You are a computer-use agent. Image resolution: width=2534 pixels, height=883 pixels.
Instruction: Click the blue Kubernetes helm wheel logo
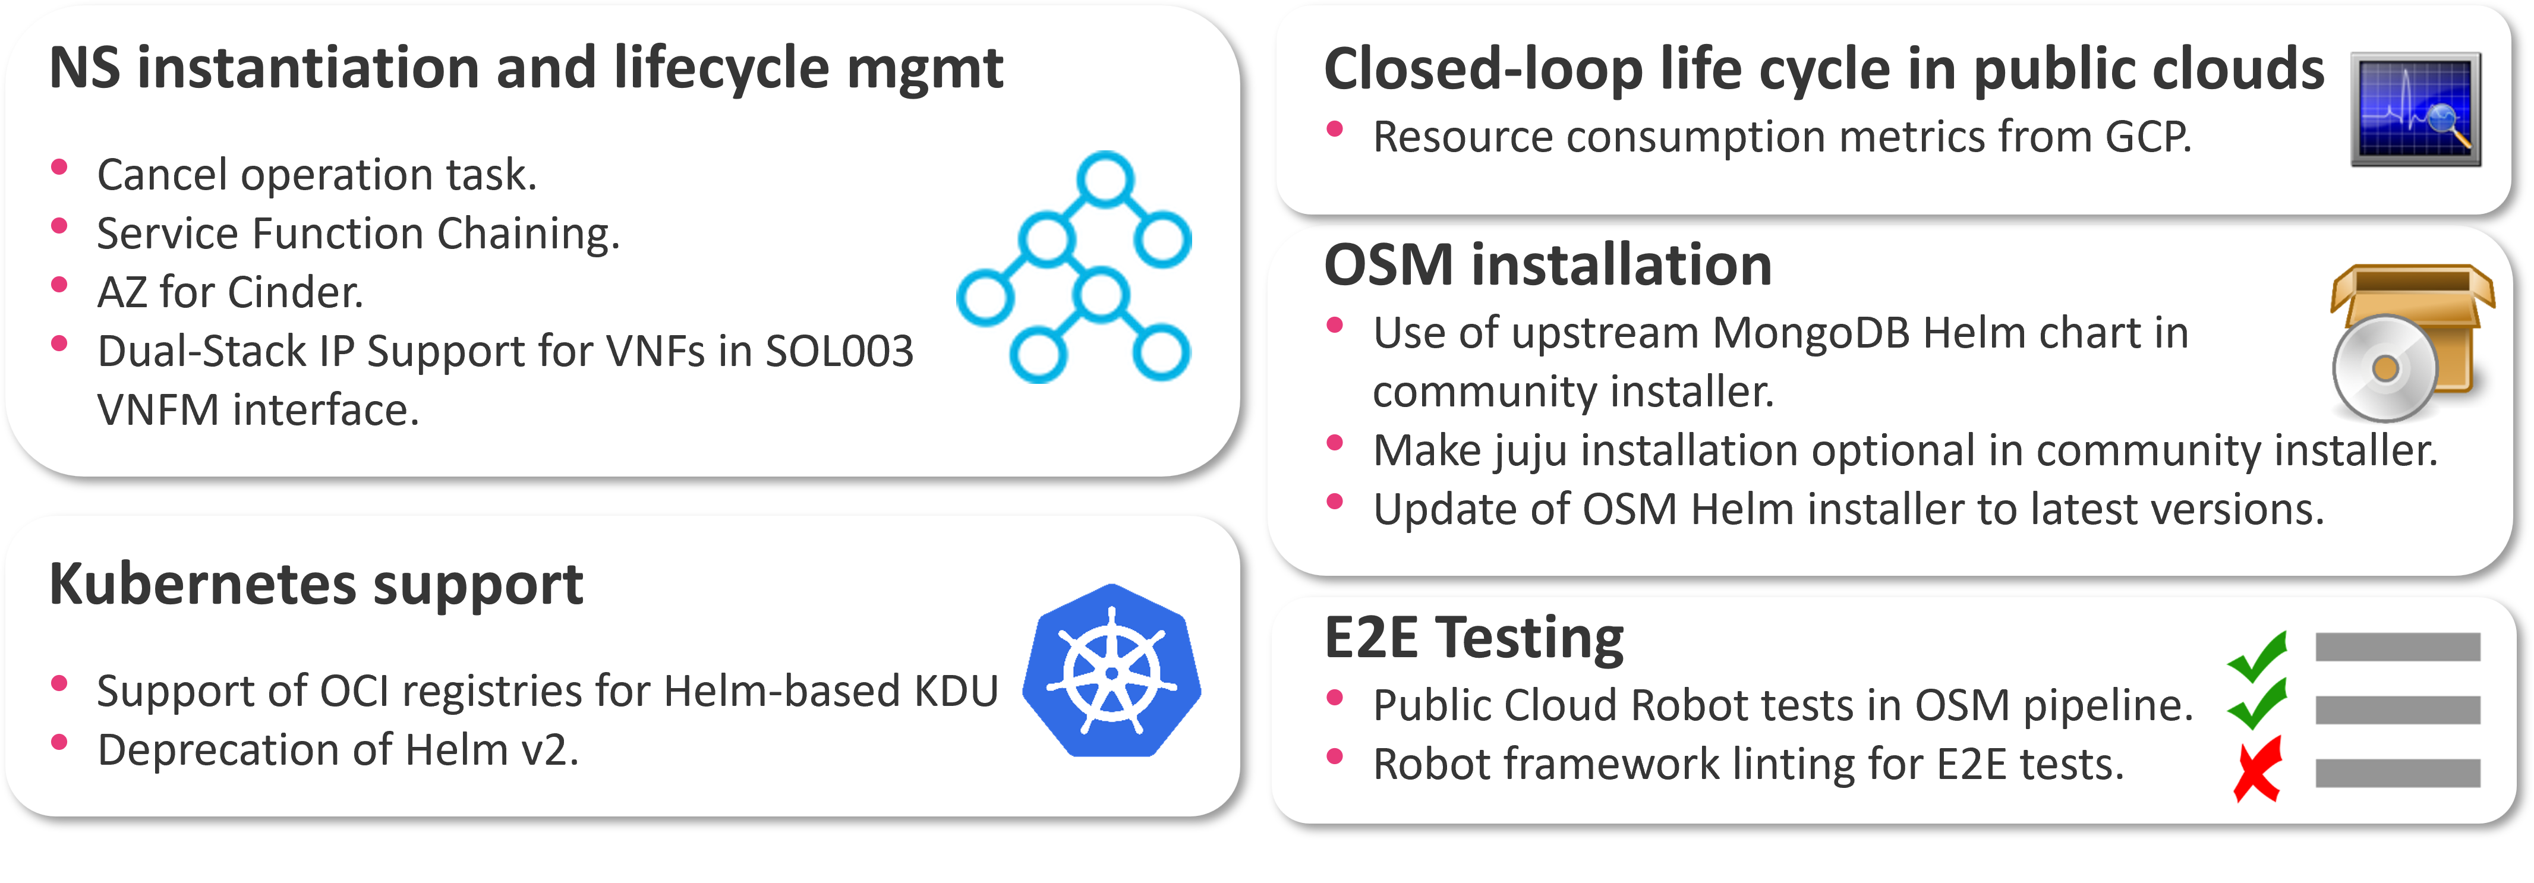tap(1111, 671)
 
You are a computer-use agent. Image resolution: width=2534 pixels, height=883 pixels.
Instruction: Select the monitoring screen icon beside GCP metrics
tap(2415, 109)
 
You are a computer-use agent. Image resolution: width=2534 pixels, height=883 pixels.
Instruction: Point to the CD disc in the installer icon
tap(2384, 369)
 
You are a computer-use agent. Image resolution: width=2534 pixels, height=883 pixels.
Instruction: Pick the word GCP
tap(2147, 137)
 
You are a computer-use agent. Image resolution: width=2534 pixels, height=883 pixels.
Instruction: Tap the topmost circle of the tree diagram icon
tap(1105, 179)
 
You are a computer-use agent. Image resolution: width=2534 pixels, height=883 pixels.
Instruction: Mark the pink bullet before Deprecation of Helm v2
tap(59, 742)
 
